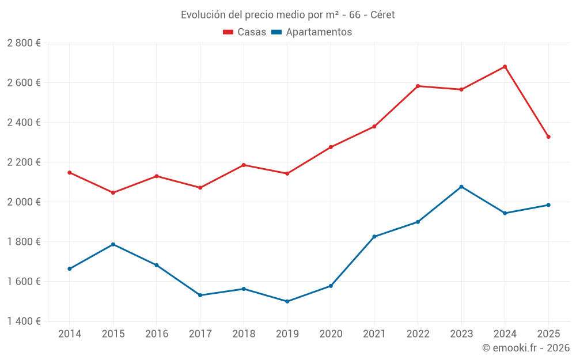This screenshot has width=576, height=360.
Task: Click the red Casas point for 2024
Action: pyautogui.click(x=505, y=67)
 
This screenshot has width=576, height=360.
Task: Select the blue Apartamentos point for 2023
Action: pyautogui.click(x=461, y=187)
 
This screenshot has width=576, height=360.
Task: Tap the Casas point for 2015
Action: pyautogui.click(x=113, y=192)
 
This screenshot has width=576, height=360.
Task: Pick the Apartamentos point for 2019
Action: pyautogui.click(x=287, y=301)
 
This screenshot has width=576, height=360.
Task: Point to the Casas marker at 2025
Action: pyautogui.click(x=548, y=137)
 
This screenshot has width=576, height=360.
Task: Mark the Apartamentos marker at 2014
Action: pyautogui.click(x=70, y=268)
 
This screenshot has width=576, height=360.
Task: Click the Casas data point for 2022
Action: pyautogui.click(x=418, y=86)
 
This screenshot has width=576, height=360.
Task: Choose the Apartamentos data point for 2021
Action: pyautogui.click(x=374, y=237)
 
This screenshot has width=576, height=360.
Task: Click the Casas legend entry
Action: pyautogui.click(x=245, y=32)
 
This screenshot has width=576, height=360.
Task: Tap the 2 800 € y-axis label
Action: pyautogui.click(x=24, y=43)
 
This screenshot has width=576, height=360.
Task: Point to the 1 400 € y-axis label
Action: pyautogui.click(x=24, y=321)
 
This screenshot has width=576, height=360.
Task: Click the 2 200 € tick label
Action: pyautogui.click(x=24, y=162)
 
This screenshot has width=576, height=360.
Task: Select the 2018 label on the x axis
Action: pyautogui.click(x=244, y=334)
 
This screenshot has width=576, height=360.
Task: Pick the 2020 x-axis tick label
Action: pyautogui.click(x=331, y=334)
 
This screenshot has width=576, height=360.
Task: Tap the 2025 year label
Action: pyautogui.click(x=548, y=334)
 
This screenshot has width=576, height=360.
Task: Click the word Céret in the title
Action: pyautogui.click(x=382, y=15)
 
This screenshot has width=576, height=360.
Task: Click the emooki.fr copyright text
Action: pyautogui.click(x=525, y=348)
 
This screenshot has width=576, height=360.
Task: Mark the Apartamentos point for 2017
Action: pyautogui.click(x=200, y=295)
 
